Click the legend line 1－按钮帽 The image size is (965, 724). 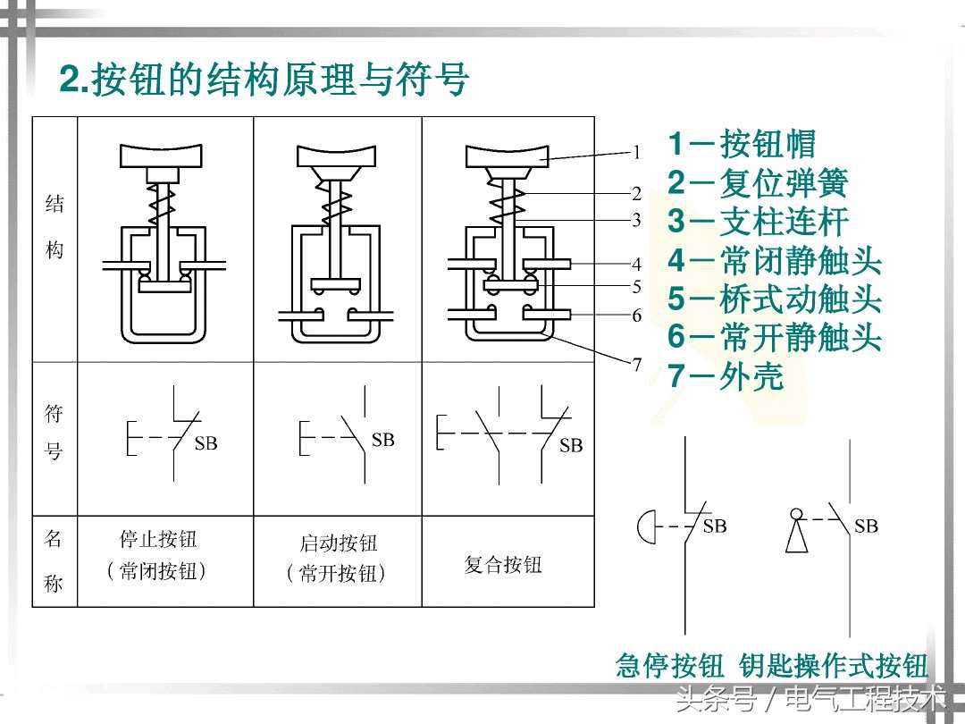742,144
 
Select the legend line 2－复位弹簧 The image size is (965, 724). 758,183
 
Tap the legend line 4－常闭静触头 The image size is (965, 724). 775,261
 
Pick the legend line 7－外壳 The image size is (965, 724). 726,376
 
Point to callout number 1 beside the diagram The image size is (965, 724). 637,152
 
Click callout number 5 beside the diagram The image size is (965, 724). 637,287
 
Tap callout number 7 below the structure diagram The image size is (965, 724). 637,364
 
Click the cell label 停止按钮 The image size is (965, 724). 158,539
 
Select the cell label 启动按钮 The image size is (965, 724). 338,543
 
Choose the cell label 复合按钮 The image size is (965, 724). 503,565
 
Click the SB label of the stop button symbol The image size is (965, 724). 206,443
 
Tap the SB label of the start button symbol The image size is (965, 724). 382,440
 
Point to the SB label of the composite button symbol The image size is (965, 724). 570,445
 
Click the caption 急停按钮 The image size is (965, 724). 669,666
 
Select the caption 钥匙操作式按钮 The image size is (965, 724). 834,666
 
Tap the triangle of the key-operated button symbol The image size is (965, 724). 796,538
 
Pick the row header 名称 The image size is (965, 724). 54,561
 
